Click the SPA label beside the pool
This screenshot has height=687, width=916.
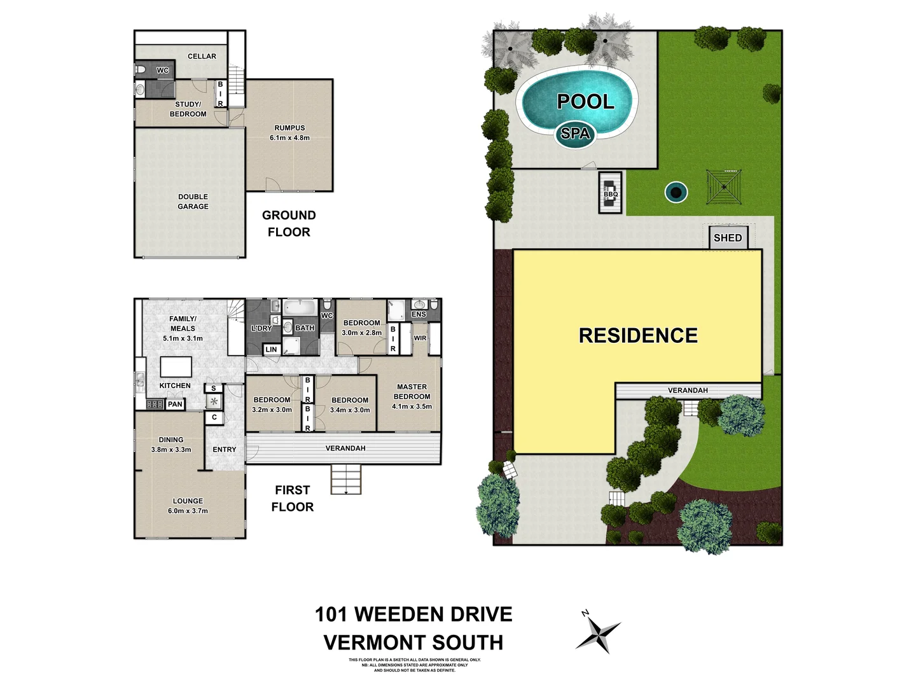[x=576, y=134]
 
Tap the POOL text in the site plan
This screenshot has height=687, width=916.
[x=585, y=102]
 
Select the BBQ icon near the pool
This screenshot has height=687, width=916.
[x=611, y=193]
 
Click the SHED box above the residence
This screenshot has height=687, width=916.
[x=728, y=238]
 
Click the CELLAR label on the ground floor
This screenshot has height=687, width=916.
[x=202, y=56]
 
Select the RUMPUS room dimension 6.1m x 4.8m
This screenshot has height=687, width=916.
[x=289, y=137]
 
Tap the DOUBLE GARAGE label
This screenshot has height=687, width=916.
[x=193, y=202]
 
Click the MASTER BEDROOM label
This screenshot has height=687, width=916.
[x=412, y=391]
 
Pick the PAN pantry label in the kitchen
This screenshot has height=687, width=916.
[x=175, y=404]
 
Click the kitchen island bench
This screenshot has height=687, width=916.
[x=176, y=367]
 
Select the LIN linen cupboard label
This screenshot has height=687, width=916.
[x=271, y=349]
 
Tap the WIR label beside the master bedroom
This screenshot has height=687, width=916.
[x=420, y=338]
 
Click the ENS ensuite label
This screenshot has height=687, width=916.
[x=419, y=314]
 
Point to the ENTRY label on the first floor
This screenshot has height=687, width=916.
[x=224, y=449]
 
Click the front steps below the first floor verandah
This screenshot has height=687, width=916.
[x=345, y=479]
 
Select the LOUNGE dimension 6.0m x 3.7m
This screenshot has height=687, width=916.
[x=188, y=511]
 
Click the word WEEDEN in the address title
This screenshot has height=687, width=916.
[x=433, y=614]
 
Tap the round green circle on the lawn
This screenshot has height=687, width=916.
[x=676, y=191]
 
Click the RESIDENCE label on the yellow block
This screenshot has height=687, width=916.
[x=638, y=335]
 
